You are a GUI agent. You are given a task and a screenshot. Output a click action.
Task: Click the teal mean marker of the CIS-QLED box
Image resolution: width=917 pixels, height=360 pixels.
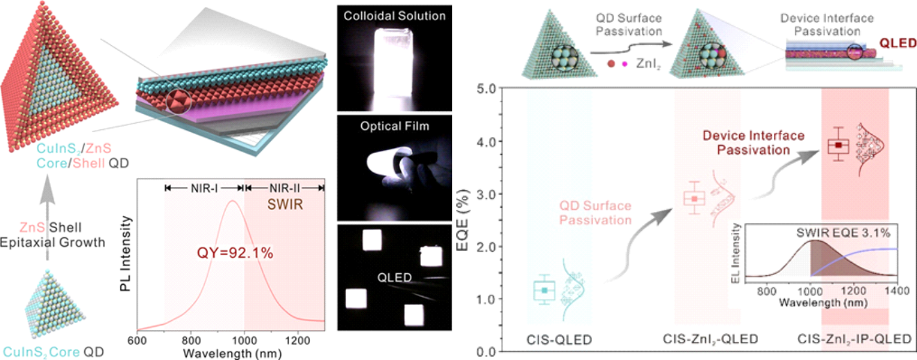[x=545, y=290]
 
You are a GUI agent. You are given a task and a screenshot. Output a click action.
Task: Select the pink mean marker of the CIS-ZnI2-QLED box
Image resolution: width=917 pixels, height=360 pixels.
[x=693, y=199]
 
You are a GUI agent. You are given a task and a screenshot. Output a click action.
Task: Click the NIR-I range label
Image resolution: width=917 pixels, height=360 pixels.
[x=204, y=188]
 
